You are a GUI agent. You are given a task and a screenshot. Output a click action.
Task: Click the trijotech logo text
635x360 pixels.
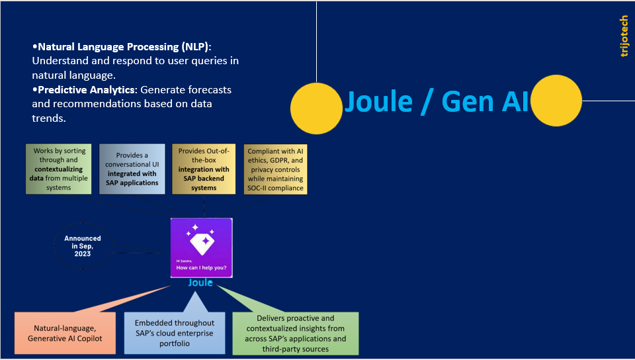coord(624,36)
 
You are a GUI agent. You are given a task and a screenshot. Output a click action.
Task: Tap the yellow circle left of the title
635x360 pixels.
coord(316,108)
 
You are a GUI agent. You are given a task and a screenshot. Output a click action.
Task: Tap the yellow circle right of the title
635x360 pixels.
coord(556,101)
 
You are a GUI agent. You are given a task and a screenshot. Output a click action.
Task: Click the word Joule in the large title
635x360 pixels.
coord(380,102)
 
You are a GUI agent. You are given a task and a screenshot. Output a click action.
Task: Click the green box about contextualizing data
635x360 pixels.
coord(58,169)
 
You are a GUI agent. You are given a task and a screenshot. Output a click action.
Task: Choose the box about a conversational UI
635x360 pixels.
coord(132,169)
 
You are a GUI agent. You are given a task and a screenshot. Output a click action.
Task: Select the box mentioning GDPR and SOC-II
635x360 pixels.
coord(275,169)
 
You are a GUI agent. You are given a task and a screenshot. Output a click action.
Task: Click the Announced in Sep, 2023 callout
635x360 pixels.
coord(83,246)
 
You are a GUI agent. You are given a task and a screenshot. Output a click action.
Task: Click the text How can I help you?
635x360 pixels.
coord(201,268)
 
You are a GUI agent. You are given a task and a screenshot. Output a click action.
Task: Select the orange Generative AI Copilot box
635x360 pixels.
coord(65,334)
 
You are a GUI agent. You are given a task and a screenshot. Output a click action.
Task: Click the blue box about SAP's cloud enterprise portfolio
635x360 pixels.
coord(175,334)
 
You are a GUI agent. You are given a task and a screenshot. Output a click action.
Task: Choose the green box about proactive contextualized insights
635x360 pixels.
coord(295,334)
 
